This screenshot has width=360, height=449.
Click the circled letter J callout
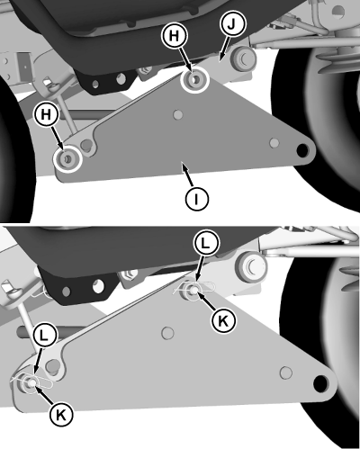pyautogui.click(x=231, y=24)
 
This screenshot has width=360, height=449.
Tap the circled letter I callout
pyautogui.click(x=196, y=199)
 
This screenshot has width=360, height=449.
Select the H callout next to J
pyautogui.click(x=174, y=36)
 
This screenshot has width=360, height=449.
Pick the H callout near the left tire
pyautogui.click(x=46, y=114)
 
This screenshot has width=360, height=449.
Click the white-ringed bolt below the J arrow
pyautogui.click(x=194, y=79)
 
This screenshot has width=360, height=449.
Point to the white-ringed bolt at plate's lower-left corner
pyautogui.click(x=67, y=158)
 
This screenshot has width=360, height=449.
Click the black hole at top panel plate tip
pyautogui.click(x=302, y=149)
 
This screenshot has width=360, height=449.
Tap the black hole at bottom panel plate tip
pyautogui.click(x=320, y=383)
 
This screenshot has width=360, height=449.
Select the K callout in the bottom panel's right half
pyautogui.click(x=223, y=321)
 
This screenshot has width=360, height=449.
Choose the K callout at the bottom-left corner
pyautogui.click(x=61, y=415)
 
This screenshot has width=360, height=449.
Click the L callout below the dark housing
pyautogui.click(x=205, y=244)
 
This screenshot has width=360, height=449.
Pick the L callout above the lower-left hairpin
pyautogui.click(x=44, y=336)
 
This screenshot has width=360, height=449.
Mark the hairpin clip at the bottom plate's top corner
pyautogui.click(x=193, y=289)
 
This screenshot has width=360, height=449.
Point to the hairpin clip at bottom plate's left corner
pyautogui.click(x=31, y=382)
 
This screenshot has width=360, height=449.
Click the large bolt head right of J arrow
pyautogui.click(x=243, y=58)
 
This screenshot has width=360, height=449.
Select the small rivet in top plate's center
pyautogui.click(x=178, y=114)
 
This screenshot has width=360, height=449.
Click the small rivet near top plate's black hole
pyautogui.click(x=274, y=143)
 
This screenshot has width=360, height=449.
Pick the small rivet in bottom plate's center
pyautogui.click(x=167, y=333)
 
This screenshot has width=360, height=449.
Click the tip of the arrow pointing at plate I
pyautogui.click(x=182, y=162)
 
